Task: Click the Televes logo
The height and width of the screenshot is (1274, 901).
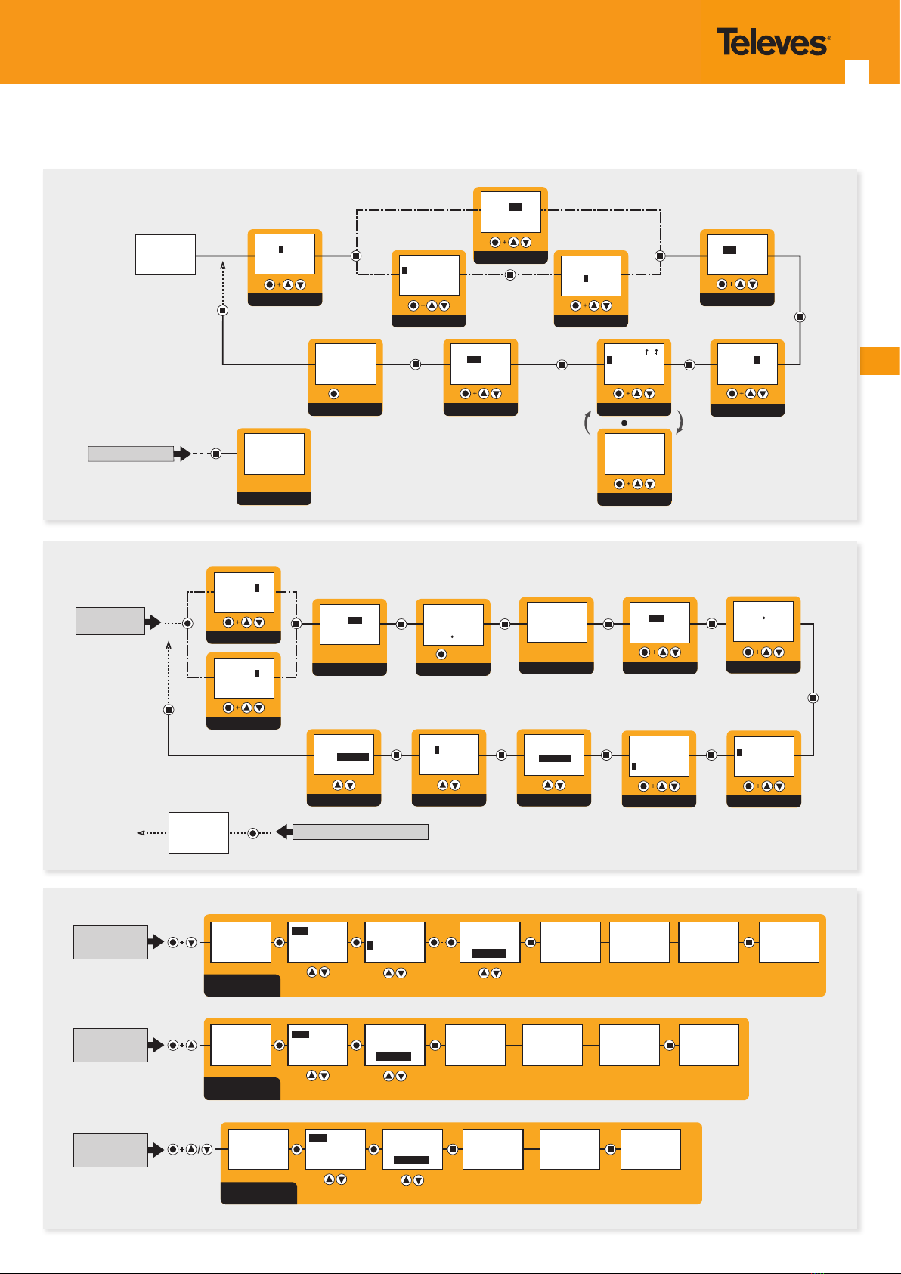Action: click(x=773, y=42)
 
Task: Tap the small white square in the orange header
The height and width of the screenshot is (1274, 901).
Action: click(x=856, y=72)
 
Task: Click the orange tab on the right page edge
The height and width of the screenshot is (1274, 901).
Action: click(x=880, y=361)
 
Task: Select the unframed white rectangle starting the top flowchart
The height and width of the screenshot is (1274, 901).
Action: click(x=166, y=254)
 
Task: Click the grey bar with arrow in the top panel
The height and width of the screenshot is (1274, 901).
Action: click(x=139, y=454)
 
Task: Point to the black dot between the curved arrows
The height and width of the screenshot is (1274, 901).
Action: click(x=624, y=423)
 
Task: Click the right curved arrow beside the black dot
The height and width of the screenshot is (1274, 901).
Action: click(x=680, y=423)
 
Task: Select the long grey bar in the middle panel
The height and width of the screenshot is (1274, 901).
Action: click(x=352, y=832)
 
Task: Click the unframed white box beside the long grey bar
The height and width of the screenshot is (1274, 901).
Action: click(x=198, y=832)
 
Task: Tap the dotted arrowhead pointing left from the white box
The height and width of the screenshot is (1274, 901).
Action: click(x=141, y=833)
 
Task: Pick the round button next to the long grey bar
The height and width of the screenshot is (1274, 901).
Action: click(x=253, y=833)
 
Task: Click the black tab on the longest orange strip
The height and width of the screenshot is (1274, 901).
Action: click(x=242, y=985)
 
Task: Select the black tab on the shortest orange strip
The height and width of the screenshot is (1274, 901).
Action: click(x=259, y=1192)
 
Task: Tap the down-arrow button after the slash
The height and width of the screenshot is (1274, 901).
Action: click(x=207, y=1149)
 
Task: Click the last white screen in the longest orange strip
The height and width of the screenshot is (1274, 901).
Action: click(x=789, y=942)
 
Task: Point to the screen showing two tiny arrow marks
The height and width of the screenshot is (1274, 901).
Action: click(x=634, y=364)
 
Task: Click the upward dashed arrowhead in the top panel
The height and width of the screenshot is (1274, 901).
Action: click(x=223, y=265)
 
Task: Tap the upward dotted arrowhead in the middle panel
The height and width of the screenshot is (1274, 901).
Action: click(x=169, y=645)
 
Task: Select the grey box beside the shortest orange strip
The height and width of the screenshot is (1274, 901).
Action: click(x=110, y=1150)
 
